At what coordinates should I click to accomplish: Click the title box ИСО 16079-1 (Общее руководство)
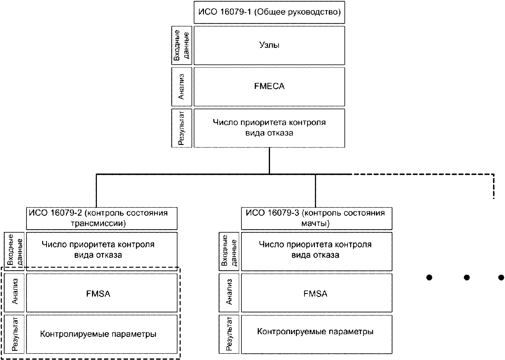269,12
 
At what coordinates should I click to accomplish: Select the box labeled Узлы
269,46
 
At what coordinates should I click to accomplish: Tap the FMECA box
269,87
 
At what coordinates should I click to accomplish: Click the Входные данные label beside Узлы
181,46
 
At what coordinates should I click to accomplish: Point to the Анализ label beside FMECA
181,87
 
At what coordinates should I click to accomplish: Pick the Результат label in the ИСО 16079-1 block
181,128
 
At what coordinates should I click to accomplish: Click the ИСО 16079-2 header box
102,218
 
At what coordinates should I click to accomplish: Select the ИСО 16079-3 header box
316,218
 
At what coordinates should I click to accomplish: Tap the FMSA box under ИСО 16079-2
102,293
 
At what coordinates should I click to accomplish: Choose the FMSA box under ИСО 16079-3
316,293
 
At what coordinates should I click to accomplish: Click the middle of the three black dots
467,278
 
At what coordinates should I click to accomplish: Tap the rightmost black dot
501,278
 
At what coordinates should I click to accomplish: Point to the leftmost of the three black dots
429,278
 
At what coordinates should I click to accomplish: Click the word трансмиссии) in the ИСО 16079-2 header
98,223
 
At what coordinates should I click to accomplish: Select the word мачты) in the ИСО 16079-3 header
316,223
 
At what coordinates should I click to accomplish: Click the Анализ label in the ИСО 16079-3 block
229,293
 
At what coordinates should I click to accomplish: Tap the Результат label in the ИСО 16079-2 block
14,334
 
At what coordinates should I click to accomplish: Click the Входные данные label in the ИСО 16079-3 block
229,251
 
